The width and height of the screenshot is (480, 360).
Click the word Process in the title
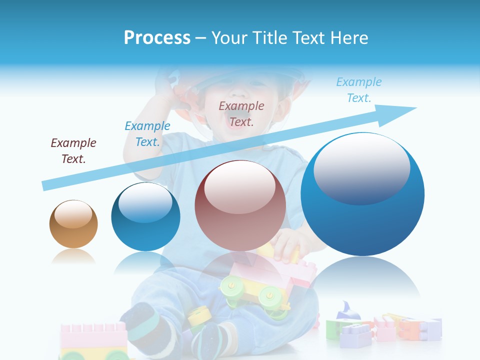tap(157, 38)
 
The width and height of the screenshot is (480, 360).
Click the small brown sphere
tap(73, 224)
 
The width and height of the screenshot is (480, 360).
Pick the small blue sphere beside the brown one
tap(145, 216)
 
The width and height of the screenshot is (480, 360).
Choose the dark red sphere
tap(240, 205)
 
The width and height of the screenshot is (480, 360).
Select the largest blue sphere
tap(362, 194)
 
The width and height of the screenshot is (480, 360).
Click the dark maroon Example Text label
tap(73, 151)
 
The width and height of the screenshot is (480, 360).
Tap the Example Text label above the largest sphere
tap(358, 90)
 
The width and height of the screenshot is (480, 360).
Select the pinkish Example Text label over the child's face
tap(241, 113)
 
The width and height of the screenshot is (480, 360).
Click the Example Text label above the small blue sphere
tap(147, 133)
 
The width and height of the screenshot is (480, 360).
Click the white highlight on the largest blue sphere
tap(361, 167)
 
